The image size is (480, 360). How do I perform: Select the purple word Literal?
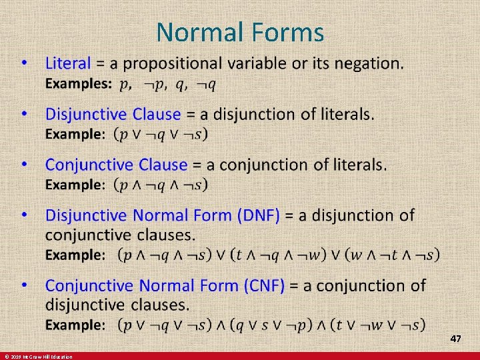[67, 63]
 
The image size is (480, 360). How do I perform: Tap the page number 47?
[456, 339]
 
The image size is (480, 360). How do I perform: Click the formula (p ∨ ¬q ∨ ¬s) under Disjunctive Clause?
[161, 134]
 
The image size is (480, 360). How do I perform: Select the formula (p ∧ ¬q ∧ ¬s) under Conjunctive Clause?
[161, 184]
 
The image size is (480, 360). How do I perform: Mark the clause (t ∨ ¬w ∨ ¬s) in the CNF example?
[379, 325]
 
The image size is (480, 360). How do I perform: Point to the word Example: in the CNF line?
[75, 325]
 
